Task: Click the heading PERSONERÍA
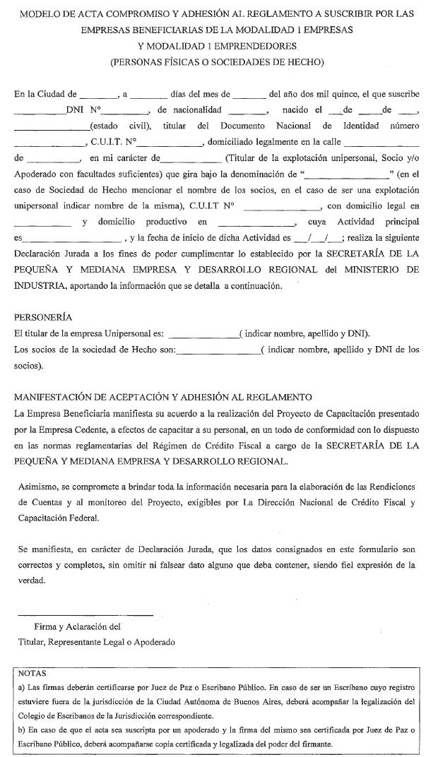tap(42, 317)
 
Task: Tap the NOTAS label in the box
tap(32, 674)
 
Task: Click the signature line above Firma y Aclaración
tap(85, 614)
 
